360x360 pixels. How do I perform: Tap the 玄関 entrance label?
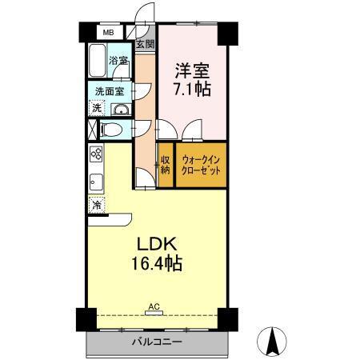[x=145, y=45]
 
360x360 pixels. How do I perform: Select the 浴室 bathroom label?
[x=118, y=61]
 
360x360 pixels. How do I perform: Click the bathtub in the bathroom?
[x=98, y=62]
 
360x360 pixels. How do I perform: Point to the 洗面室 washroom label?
[x=109, y=90]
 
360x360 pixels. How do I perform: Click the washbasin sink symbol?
[x=120, y=110]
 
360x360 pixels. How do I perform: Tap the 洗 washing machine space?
[x=96, y=108]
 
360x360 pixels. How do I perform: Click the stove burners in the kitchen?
[x=96, y=154]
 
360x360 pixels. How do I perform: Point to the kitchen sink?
[x=95, y=181]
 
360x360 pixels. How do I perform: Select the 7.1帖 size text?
[x=193, y=90]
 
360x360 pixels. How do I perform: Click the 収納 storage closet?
[x=165, y=164]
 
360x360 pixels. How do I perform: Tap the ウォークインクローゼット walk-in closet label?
[x=201, y=165]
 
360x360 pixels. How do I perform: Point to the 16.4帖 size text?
[x=151, y=263]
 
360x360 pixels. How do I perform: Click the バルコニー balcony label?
[x=156, y=342]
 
